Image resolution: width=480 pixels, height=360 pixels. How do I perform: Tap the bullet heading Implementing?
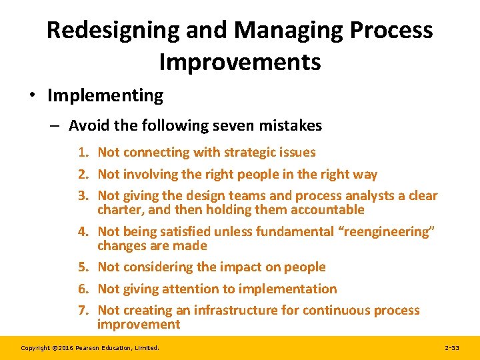click(105, 95)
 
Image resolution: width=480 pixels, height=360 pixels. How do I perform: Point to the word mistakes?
click(291, 125)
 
